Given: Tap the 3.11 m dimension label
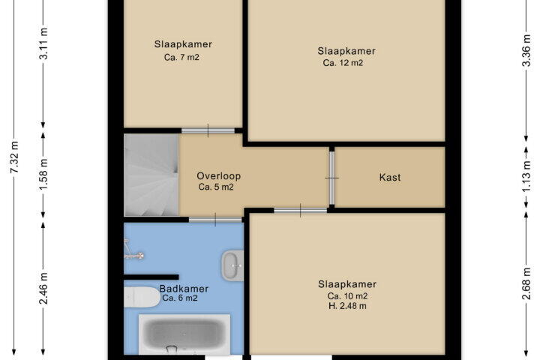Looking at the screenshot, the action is click(x=43, y=43).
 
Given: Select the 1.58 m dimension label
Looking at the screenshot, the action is click(x=43, y=174).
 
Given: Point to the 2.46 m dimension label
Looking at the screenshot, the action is click(x=43, y=288).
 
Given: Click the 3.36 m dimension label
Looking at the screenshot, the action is click(x=526, y=51).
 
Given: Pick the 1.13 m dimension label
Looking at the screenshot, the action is click(x=526, y=177).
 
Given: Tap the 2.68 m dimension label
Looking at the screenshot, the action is click(x=526, y=283).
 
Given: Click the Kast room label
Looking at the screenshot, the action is click(x=390, y=178).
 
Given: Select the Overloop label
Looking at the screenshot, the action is click(x=219, y=176).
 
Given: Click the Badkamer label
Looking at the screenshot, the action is click(x=184, y=289).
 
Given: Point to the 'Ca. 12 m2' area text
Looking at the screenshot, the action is click(x=343, y=63).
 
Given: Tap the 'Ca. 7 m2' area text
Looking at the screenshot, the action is click(x=181, y=57).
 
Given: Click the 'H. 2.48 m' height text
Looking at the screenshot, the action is click(x=347, y=306).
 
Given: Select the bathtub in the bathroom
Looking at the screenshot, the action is click(x=184, y=334).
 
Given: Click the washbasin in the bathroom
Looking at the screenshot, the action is click(x=232, y=265).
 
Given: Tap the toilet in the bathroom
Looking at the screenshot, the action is click(x=142, y=297).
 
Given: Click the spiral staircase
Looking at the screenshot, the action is click(x=151, y=175).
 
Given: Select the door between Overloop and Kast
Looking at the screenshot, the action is click(x=331, y=178).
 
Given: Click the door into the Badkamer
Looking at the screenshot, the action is click(x=215, y=220).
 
